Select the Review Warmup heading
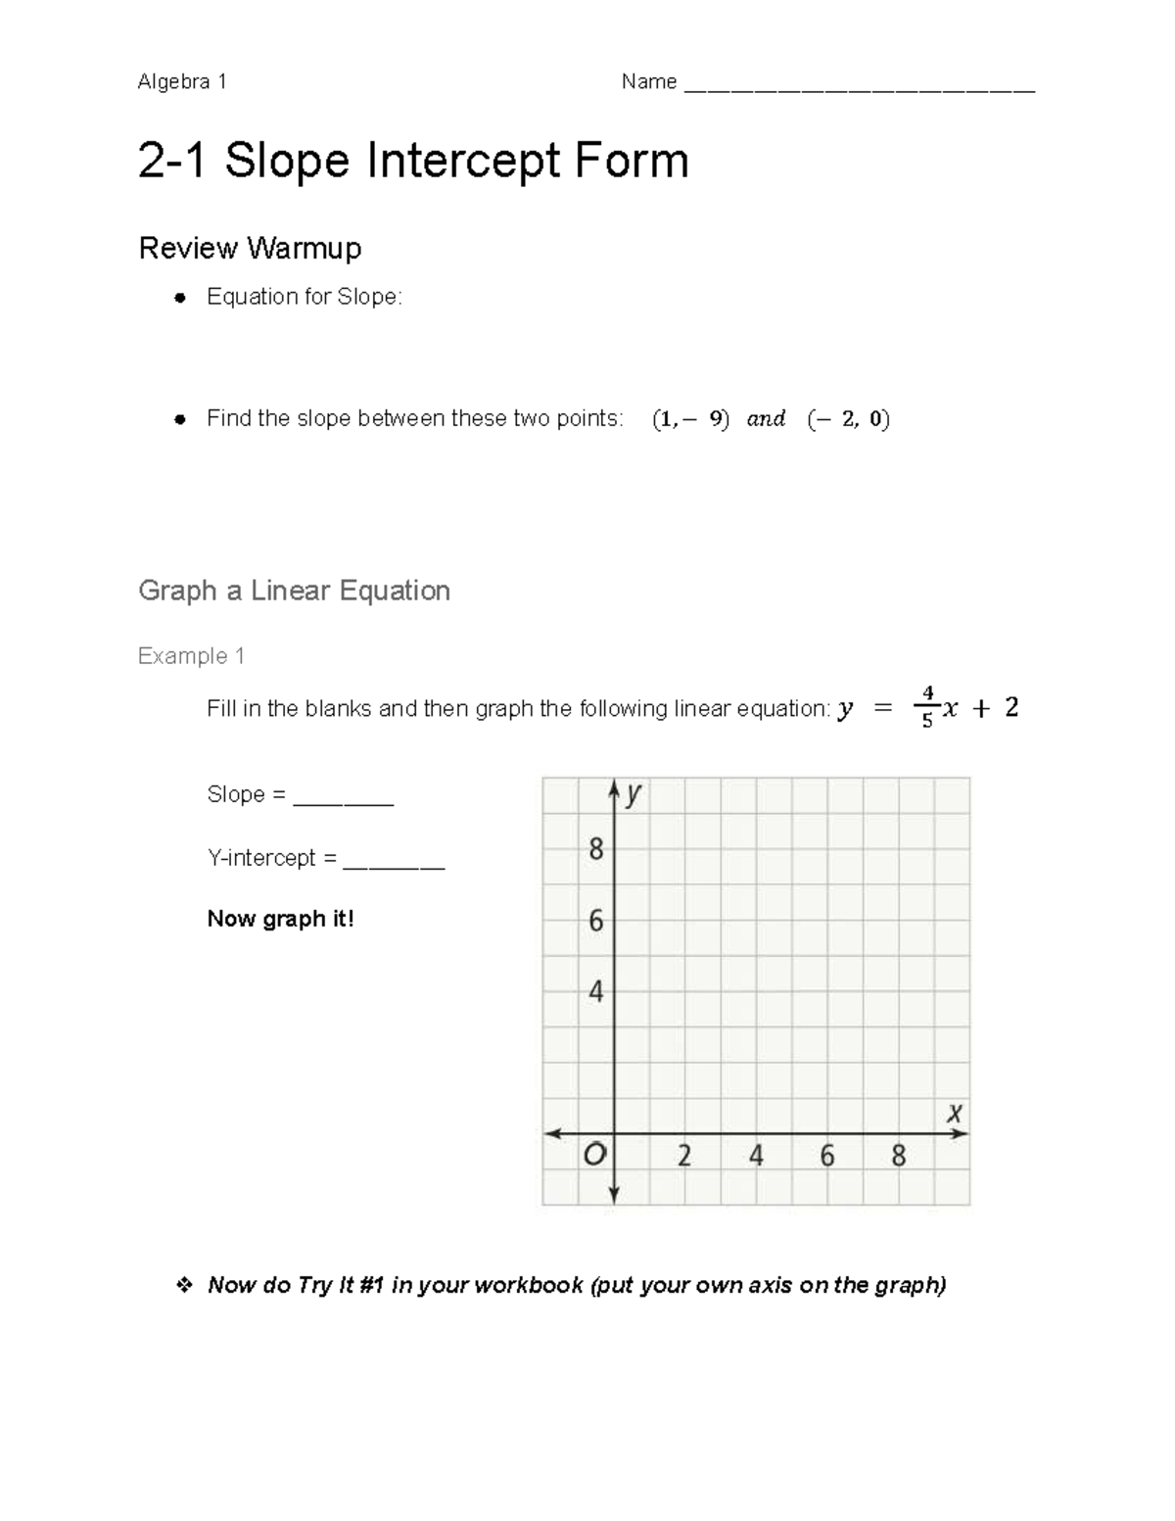tap(250, 248)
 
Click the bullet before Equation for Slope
tap(180, 298)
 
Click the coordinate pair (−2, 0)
tap(848, 419)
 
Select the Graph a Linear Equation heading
tap(294, 591)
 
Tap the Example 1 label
tap(191, 656)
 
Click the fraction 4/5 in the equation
tap(927, 707)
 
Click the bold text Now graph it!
tap(280, 919)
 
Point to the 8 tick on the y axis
tap(595, 849)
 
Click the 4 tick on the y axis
tap(595, 992)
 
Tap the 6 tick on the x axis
tap(827, 1157)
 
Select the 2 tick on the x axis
tap(684, 1157)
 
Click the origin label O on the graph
tap(594, 1156)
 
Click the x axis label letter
tap(954, 1114)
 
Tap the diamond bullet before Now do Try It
tap(183, 1285)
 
